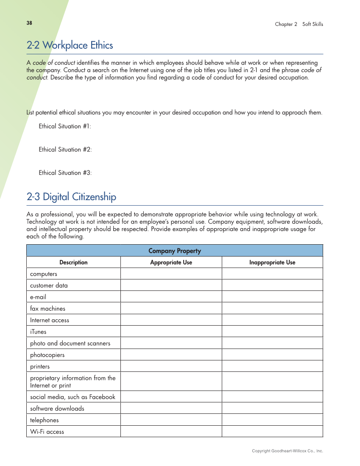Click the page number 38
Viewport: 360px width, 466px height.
pyautogui.click(x=29, y=23)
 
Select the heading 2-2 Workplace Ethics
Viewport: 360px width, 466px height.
pyautogui.click(x=70, y=45)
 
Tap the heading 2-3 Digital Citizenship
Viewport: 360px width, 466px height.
pyautogui.click(x=71, y=197)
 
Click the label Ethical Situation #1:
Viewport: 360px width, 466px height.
pyautogui.click(x=65, y=126)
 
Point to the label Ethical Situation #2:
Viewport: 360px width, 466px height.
pyautogui.click(x=65, y=150)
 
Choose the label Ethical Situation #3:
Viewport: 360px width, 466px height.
pyautogui.click(x=65, y=173)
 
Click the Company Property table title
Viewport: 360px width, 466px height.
pyautogui.click(x=175, y=251)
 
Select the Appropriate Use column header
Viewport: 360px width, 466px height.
pyautogui.click(x=171, y=262)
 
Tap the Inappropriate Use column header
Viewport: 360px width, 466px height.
pyautogui.click(x=272, y=262)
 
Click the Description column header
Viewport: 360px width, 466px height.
pyautogui.click(x=73, y=262)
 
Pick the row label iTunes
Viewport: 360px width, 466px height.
pyautogui.click(x=38, y=332)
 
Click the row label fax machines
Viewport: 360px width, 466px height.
pyautogui.click(x=47, y=309)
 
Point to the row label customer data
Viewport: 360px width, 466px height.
pyautogui.click(x=49, y=285)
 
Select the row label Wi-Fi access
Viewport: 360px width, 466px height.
pyautogui.click(x=47, y=432)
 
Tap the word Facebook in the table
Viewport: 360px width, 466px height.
pyautogui.click(x=102, y=397)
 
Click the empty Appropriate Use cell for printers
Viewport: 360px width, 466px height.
pyautogui.click(x=171, y=366)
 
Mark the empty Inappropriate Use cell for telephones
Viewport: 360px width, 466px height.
pyautogui.click(x=272, y=420)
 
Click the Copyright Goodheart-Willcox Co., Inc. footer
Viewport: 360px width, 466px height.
pyautogui.click(x=287, y=451)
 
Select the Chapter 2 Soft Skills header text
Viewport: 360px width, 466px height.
pyautogui.click(x=299, y=24)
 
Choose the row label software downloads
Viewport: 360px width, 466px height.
pyautogui.click(x=57, y=409)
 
